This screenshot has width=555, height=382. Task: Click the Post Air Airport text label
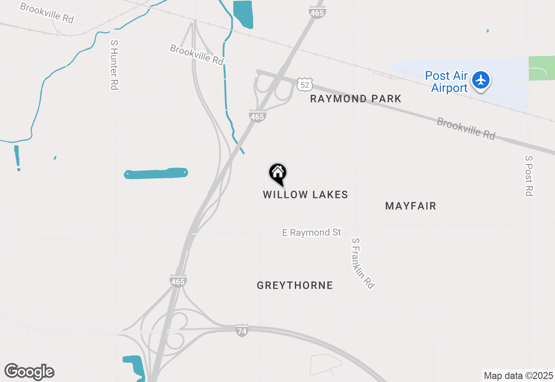[446, 82]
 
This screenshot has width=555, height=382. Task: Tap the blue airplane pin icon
[480, 80]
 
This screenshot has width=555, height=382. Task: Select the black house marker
[278, 174]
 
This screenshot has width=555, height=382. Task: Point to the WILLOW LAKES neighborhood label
[305, 194]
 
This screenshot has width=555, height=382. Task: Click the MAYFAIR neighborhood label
[410, 206]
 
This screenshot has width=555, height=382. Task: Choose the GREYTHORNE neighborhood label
[295, 285]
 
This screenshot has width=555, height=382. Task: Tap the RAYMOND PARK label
[356, 99]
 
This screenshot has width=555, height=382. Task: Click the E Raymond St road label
[312, 233]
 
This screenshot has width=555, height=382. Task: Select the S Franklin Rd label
[363, 263]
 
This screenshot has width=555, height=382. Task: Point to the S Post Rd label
[529, 175]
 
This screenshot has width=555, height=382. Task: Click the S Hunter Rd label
[114, 65]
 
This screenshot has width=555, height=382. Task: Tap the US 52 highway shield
[304, 84]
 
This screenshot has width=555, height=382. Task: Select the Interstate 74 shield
[242, 330]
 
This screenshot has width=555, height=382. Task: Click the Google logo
[29, 372]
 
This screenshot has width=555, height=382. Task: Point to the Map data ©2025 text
[518, 375]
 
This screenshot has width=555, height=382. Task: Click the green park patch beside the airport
[541, 68]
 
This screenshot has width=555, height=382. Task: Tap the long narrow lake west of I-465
[156, 174]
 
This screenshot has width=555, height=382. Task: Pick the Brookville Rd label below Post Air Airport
[466, 128]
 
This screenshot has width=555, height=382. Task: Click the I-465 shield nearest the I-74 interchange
[178, 281]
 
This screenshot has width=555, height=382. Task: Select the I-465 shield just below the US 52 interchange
[257, 116]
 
